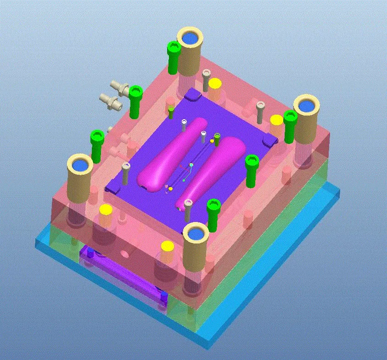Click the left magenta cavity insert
click(x=170, y=156)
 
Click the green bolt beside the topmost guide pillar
click(x=173, y=57)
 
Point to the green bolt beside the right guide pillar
click(x=290, y=126)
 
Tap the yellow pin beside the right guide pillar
click(x=276, y=120)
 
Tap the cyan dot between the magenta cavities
click(x=191, y=165)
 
